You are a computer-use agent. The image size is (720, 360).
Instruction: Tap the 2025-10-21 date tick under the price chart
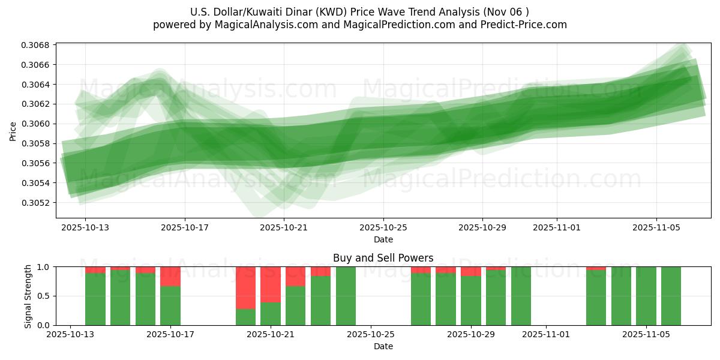click(x=284, y=228)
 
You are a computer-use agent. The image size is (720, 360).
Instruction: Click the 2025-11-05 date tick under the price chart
click(x=656, y=228)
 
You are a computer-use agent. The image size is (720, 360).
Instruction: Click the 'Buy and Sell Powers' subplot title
click(x=383, y=258)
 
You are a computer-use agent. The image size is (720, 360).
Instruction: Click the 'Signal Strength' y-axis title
click(x=28, y=296)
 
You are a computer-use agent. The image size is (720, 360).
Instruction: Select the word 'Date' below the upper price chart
click(x=383, y=239)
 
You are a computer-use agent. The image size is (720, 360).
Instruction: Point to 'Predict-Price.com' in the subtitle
click(x=526, y=25)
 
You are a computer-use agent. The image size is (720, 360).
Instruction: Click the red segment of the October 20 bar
click(x=245, y=287)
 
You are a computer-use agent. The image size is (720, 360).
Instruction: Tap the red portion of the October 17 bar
click(x=170, y=276)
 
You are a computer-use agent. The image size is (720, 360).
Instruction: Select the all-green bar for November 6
click(x=671, y=296)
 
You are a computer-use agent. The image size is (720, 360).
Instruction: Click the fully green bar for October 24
click(x=346, y=296)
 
